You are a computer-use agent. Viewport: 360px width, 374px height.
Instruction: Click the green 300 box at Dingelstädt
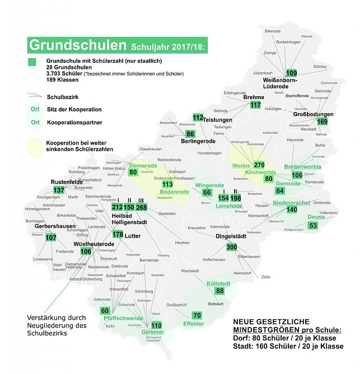coord(231,247)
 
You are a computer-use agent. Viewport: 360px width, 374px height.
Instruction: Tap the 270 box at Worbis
coord(259,165)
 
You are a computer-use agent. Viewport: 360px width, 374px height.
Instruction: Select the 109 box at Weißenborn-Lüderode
coord(292,73)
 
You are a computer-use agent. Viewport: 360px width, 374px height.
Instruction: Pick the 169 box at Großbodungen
coord(322,121)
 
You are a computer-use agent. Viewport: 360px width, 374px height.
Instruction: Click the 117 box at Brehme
coord(256,105)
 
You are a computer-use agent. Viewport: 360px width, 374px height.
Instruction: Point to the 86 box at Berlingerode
coord(190,134)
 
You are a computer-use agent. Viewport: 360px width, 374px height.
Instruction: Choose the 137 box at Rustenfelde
coord(59,190)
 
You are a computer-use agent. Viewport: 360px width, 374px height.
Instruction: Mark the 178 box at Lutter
coord(118,235)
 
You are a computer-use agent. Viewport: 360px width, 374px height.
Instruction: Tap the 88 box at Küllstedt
coord(219,291)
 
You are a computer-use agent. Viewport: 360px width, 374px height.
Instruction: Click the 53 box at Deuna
coord(313,225)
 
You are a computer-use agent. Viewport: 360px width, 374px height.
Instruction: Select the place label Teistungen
coord(217,120)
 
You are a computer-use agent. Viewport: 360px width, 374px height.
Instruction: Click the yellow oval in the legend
coord(34,146)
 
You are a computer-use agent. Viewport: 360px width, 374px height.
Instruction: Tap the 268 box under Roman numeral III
coord(141,208)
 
